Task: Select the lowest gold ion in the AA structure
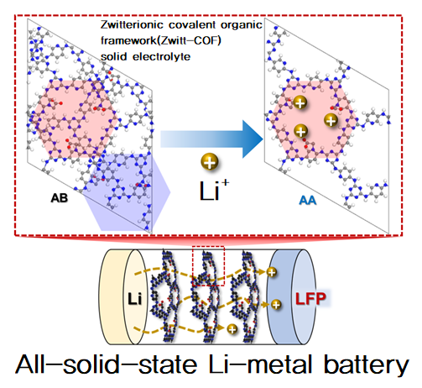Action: pyautogui.click(x=300, y=131)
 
